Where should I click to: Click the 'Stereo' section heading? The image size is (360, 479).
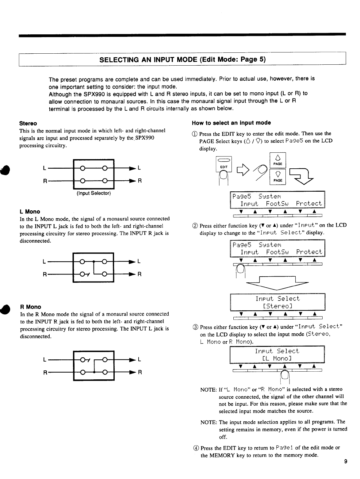(x=28, y=123)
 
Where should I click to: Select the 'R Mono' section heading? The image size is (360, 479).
(x=30, y=307)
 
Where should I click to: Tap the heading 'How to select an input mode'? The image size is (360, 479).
(x=231, y=123)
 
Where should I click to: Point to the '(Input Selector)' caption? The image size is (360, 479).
(x=94, y=194)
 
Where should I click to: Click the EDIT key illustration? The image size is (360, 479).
(x=224, y=164)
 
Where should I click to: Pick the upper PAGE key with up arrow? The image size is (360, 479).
(x=278, y=159)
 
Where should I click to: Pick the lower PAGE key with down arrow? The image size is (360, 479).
(x=278, y=176)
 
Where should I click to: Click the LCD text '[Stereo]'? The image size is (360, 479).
(x=277, y=306)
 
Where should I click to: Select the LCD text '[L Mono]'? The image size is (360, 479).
(x=277, y=358)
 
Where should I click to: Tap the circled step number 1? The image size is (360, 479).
(x=195, y=134)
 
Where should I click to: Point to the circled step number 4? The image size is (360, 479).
(x=195, y=448)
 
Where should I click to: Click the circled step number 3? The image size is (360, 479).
(x=195, y=327)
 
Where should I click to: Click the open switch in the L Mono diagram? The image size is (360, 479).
(x=84, y=274)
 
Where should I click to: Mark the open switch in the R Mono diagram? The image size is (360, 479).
(x=84, y=360)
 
